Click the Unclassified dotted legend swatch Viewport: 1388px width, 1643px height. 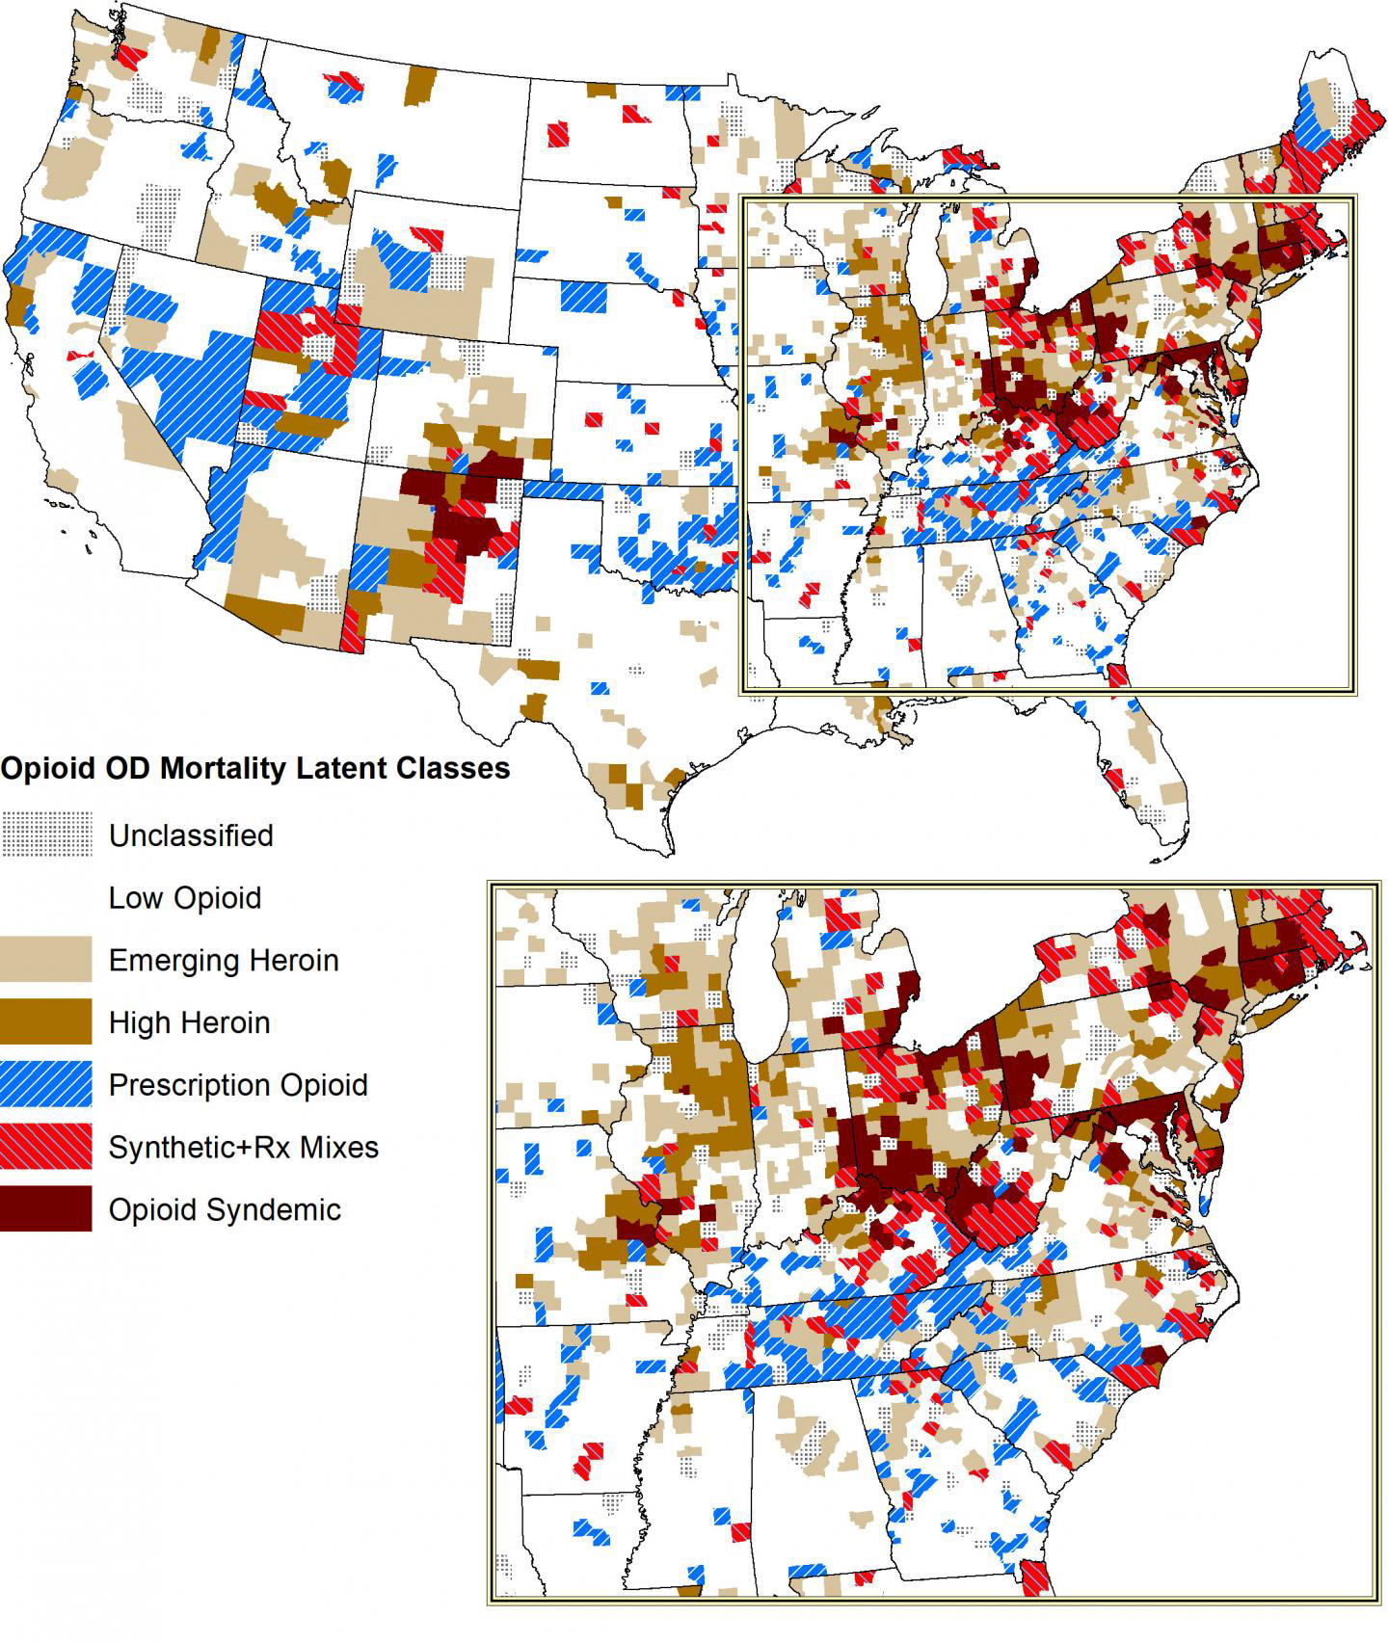[x=46, y=835]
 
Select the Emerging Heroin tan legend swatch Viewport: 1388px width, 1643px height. [x=46, y=960]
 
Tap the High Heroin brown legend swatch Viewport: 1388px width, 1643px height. [x=46, y=1021]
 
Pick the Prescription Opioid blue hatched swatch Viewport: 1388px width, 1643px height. [x=46, y=1084]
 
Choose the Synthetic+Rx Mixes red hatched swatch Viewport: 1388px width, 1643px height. [x=46, y=1147]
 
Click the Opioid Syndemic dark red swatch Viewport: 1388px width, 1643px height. [x=46, y=1208]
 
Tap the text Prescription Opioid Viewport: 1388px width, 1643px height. [x=238, y=1085]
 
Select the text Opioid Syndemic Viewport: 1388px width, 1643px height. [x=225, y=1209]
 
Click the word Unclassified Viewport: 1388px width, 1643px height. [x=191, y=835]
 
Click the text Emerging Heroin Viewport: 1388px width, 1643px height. [x=224, y=961]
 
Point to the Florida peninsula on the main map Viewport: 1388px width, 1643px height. [x=1152, y=771]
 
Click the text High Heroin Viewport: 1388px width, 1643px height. [x=189, y=1022]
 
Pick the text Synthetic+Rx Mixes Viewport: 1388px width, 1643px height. [x=243, y=1148]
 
